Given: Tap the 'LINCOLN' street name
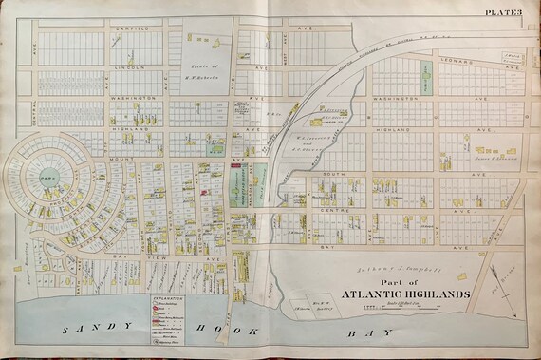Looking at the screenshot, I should [x=132, y=68].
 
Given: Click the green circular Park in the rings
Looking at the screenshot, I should [x=47, y=176].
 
